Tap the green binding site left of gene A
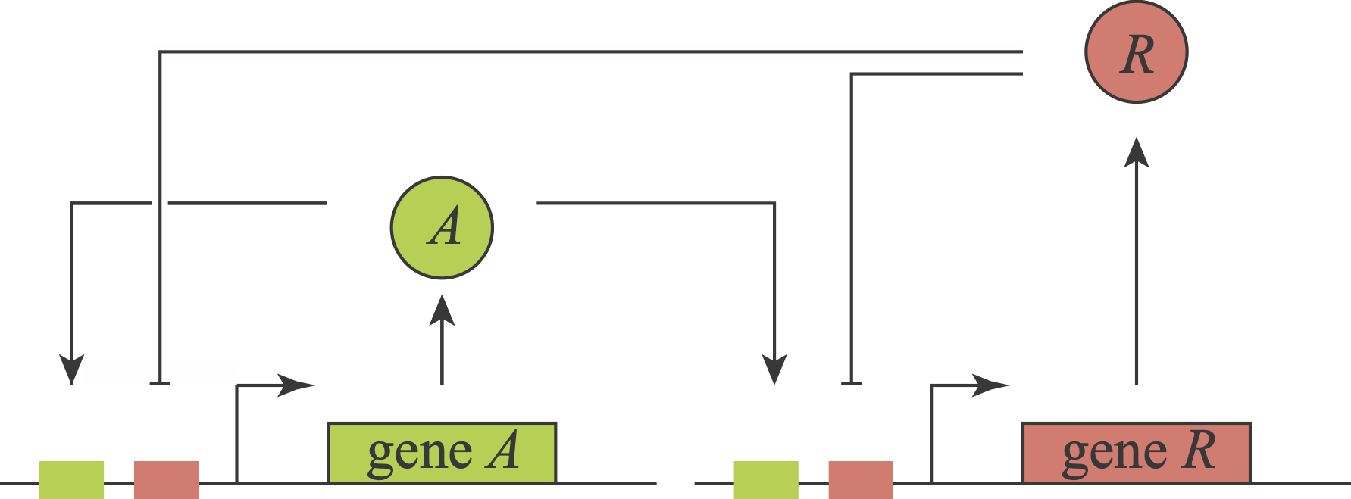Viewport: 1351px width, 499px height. (71, 479)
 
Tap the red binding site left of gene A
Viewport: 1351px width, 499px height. (166, 479)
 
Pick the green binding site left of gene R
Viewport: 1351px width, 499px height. (766, 479)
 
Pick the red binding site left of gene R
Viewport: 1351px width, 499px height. (861, 479)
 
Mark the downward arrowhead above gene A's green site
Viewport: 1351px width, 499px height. (71, 370)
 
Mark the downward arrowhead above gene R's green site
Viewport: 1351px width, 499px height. (774, 370)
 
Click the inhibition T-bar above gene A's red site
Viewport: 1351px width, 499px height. (159, 383)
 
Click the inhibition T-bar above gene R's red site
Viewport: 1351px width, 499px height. (852, 383)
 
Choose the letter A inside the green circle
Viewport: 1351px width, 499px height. (444, 227)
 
